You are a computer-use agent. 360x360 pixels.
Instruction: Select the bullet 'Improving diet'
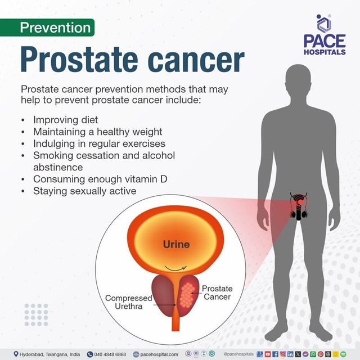coord(65,120)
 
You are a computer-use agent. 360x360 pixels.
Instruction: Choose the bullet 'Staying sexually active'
coord(84,191)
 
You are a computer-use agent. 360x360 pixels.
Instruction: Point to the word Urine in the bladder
coord(176,245)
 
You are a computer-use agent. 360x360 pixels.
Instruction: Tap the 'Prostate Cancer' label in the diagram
coord(217,292)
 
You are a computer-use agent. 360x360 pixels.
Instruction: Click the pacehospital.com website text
coord(159,354)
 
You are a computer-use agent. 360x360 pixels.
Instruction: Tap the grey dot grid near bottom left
coord(36,314)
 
